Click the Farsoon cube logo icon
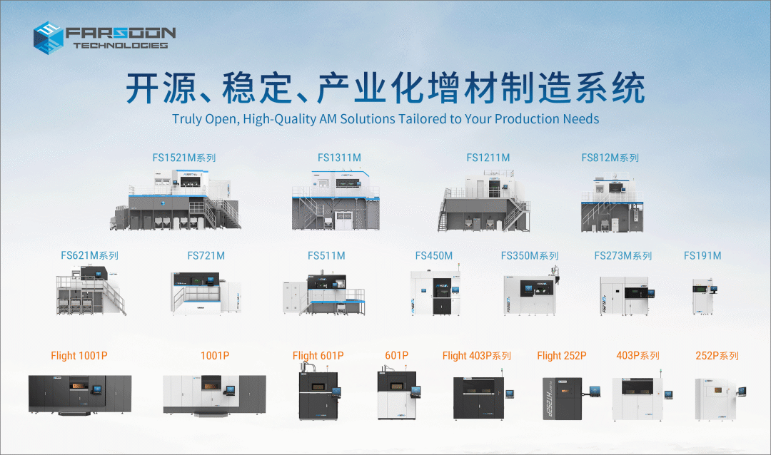point(49,37)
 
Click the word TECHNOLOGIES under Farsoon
point(121,45)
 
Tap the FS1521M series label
point(184,158)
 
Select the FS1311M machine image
point(336,199)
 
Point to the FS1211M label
point(488,158)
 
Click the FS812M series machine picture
point(613,202)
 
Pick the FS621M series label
point(89,255)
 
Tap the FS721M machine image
point(206,293)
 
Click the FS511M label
point(326,255)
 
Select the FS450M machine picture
point(435,293)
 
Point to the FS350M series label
point(530,255)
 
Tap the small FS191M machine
point(704,296)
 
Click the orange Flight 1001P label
point(79,356)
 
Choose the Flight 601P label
point(318,356)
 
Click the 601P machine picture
point(399,394)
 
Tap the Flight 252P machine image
point(571,398)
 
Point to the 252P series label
point(717,356)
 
